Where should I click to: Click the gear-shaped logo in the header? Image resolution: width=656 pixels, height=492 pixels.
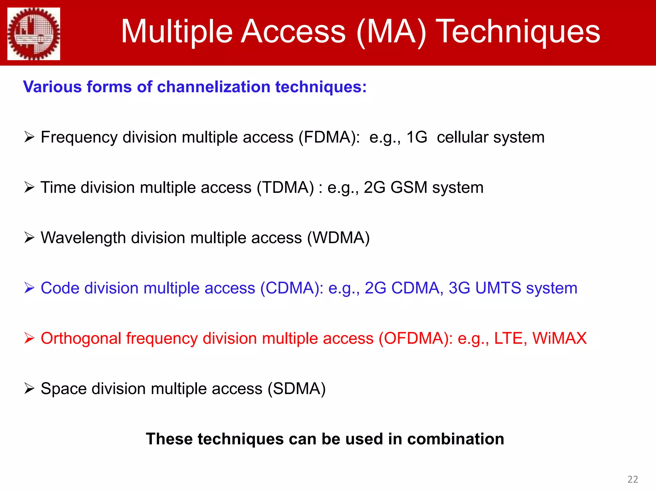[x=34, y=34]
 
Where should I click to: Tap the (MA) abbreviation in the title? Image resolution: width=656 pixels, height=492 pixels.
[x=391, y=32]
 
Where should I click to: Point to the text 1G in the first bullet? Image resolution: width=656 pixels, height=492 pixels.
[x=416, y=137]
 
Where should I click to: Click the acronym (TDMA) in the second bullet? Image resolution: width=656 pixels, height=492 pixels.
[x=287, y=188]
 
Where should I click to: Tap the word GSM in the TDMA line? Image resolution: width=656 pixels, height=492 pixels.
[x=409, y=187]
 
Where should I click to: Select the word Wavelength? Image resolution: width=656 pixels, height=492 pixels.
[x=83, y=238]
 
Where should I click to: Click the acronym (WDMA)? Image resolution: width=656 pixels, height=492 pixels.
[x=338, y=238]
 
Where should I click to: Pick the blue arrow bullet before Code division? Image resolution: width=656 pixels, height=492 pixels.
[x=29, y=288]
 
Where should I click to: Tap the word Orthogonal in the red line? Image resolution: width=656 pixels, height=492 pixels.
[x=81, y=339]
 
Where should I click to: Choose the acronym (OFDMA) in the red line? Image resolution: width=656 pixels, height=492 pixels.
[x=415, y=339]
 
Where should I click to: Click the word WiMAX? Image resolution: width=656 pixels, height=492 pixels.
[x=559, y=338]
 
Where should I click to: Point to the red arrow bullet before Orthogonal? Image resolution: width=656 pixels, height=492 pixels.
[x=29, y=338]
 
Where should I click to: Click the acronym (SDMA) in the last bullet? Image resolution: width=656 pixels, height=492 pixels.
[x=297, y=389]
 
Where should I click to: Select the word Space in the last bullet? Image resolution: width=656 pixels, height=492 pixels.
[x=64, y=389]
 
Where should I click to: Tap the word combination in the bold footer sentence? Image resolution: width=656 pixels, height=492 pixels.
[x=455, y=439]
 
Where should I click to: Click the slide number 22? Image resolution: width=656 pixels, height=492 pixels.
[x=633, y=479]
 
